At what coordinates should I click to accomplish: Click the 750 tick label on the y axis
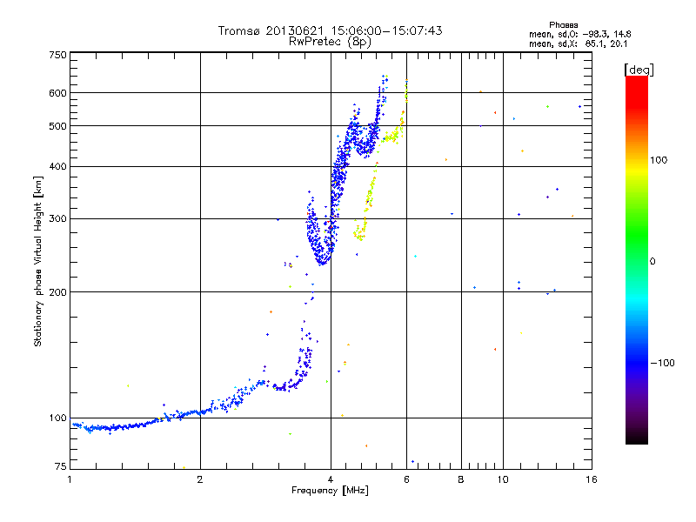coord(58,55)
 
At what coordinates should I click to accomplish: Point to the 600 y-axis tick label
coord(58,92)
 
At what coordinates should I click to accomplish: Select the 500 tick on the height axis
coord(58,125)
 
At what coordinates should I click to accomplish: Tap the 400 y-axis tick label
coord(58,166)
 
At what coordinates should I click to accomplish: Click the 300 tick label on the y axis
coord(58,218)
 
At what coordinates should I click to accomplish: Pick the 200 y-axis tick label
coord(58,291)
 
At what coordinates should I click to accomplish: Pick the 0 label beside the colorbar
coord(654,261)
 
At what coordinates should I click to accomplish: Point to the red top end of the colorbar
coord(636,79)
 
